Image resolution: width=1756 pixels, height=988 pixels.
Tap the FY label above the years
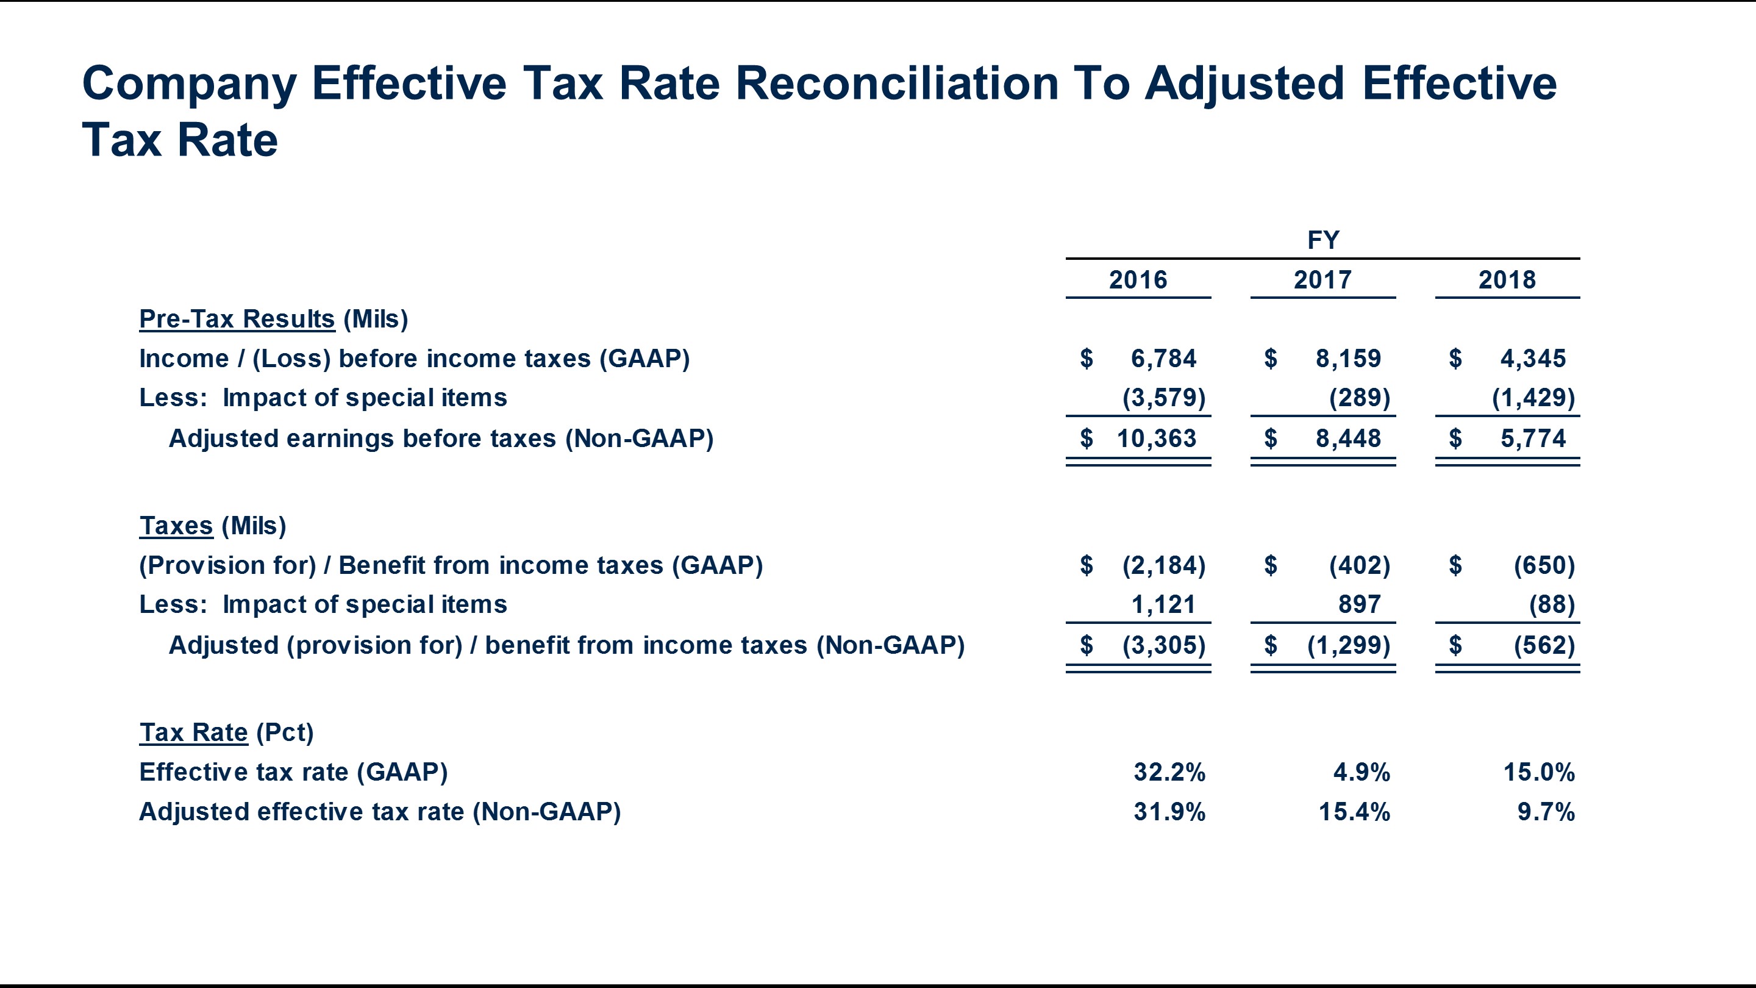[x=1323, y=240]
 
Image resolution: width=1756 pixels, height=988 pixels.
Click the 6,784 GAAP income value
[x=1163, y=359]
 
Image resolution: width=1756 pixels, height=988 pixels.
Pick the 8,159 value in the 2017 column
[x=1347, y=359]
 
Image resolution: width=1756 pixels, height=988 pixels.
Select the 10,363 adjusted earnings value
[x=1156, y=439]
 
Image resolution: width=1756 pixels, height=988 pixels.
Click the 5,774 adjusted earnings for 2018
[x=1533, y=439]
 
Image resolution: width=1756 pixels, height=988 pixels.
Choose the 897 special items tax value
[x=1359, y=604]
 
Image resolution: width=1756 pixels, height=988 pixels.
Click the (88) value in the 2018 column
[x=1552, y=604]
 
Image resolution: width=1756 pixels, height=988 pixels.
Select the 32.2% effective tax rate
[x=1169, y=772]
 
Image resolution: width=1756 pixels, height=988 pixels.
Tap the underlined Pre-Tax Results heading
[x=237, y=319]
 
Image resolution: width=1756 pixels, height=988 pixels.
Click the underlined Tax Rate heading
[x=194, y=732]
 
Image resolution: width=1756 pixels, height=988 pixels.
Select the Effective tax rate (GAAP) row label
[x=293, y=772]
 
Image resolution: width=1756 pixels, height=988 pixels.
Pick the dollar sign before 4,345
[x=1455, y=359]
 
